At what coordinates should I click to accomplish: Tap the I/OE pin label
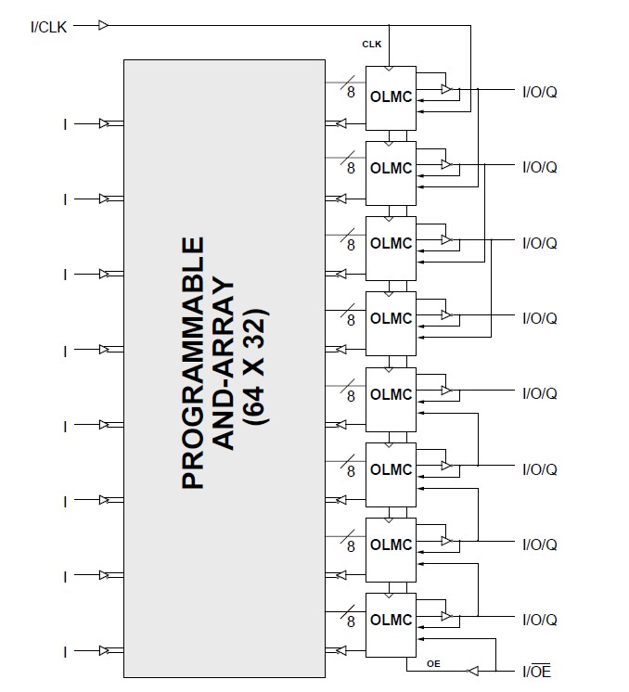point(536,670)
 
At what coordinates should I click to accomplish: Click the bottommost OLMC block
point(391,620)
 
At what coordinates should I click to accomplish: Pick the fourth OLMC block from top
point(391,318)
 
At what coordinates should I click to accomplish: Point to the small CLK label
point(371,44)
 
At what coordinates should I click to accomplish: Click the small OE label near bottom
point(433,664)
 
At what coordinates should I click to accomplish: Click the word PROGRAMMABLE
point(192,363)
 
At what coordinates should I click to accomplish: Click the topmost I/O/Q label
point(539,92)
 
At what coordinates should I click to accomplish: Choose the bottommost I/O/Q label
point(539,620)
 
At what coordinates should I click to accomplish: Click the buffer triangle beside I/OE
point(473,670)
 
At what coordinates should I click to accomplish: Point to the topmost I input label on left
point(65,123)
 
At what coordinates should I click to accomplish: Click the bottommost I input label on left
point(65,652)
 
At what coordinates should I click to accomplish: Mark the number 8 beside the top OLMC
point(351,93)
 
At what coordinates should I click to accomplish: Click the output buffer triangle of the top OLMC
point(447,89)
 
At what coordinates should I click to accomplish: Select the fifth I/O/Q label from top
point(539,394)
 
